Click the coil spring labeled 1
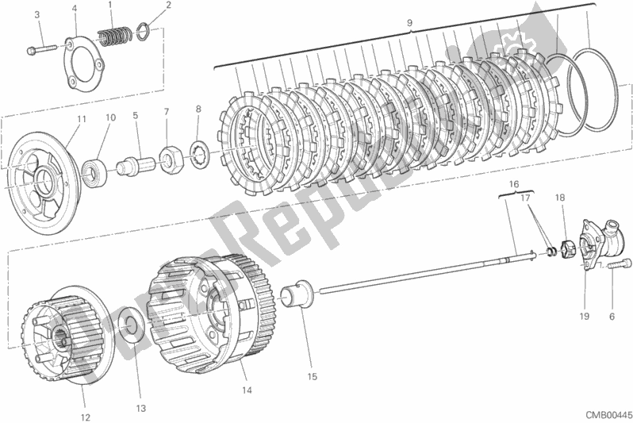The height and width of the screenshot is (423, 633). [x=113, y=35]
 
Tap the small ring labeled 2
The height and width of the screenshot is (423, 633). [x=143, y=33]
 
